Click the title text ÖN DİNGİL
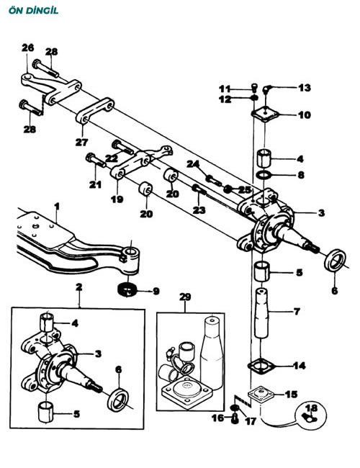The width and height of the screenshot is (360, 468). click(34, 11)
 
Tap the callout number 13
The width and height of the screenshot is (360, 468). click(305, 88)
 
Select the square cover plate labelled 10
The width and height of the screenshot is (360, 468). click(265, 114)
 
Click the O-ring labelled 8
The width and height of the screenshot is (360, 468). click(264, 175)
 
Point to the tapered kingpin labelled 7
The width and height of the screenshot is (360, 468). click(261, 312)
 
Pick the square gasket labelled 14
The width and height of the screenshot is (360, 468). click(261, 366)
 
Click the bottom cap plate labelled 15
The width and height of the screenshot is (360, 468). click(261, 395)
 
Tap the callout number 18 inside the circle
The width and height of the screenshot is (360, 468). click(311, 408)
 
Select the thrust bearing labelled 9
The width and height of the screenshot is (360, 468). click(127, 290)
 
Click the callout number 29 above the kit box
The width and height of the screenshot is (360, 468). click(185, 297)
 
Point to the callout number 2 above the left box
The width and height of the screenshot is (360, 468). click(78, 287)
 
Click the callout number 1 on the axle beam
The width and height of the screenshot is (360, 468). click(57, 206)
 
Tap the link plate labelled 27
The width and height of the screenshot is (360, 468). click(94, 110)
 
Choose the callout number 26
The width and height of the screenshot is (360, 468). click(28, 48)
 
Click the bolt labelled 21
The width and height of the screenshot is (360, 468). click(96, 161)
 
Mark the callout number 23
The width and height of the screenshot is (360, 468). click(199, 210)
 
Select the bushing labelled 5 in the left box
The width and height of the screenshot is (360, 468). click(46, 412)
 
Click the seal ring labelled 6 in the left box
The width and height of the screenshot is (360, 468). click(118, 400)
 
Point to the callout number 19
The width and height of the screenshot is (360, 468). click(117, 199)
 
